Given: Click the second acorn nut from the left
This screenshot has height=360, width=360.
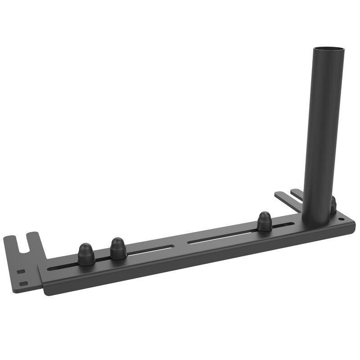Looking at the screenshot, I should coord(118,248).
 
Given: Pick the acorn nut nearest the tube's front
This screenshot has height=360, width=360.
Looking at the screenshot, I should coord(265,221).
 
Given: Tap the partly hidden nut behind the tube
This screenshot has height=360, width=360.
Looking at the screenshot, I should coord(333,205).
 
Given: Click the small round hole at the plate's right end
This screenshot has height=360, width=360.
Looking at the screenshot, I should coord(341,219).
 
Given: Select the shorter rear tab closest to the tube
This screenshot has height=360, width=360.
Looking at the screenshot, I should coord(297,194).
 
